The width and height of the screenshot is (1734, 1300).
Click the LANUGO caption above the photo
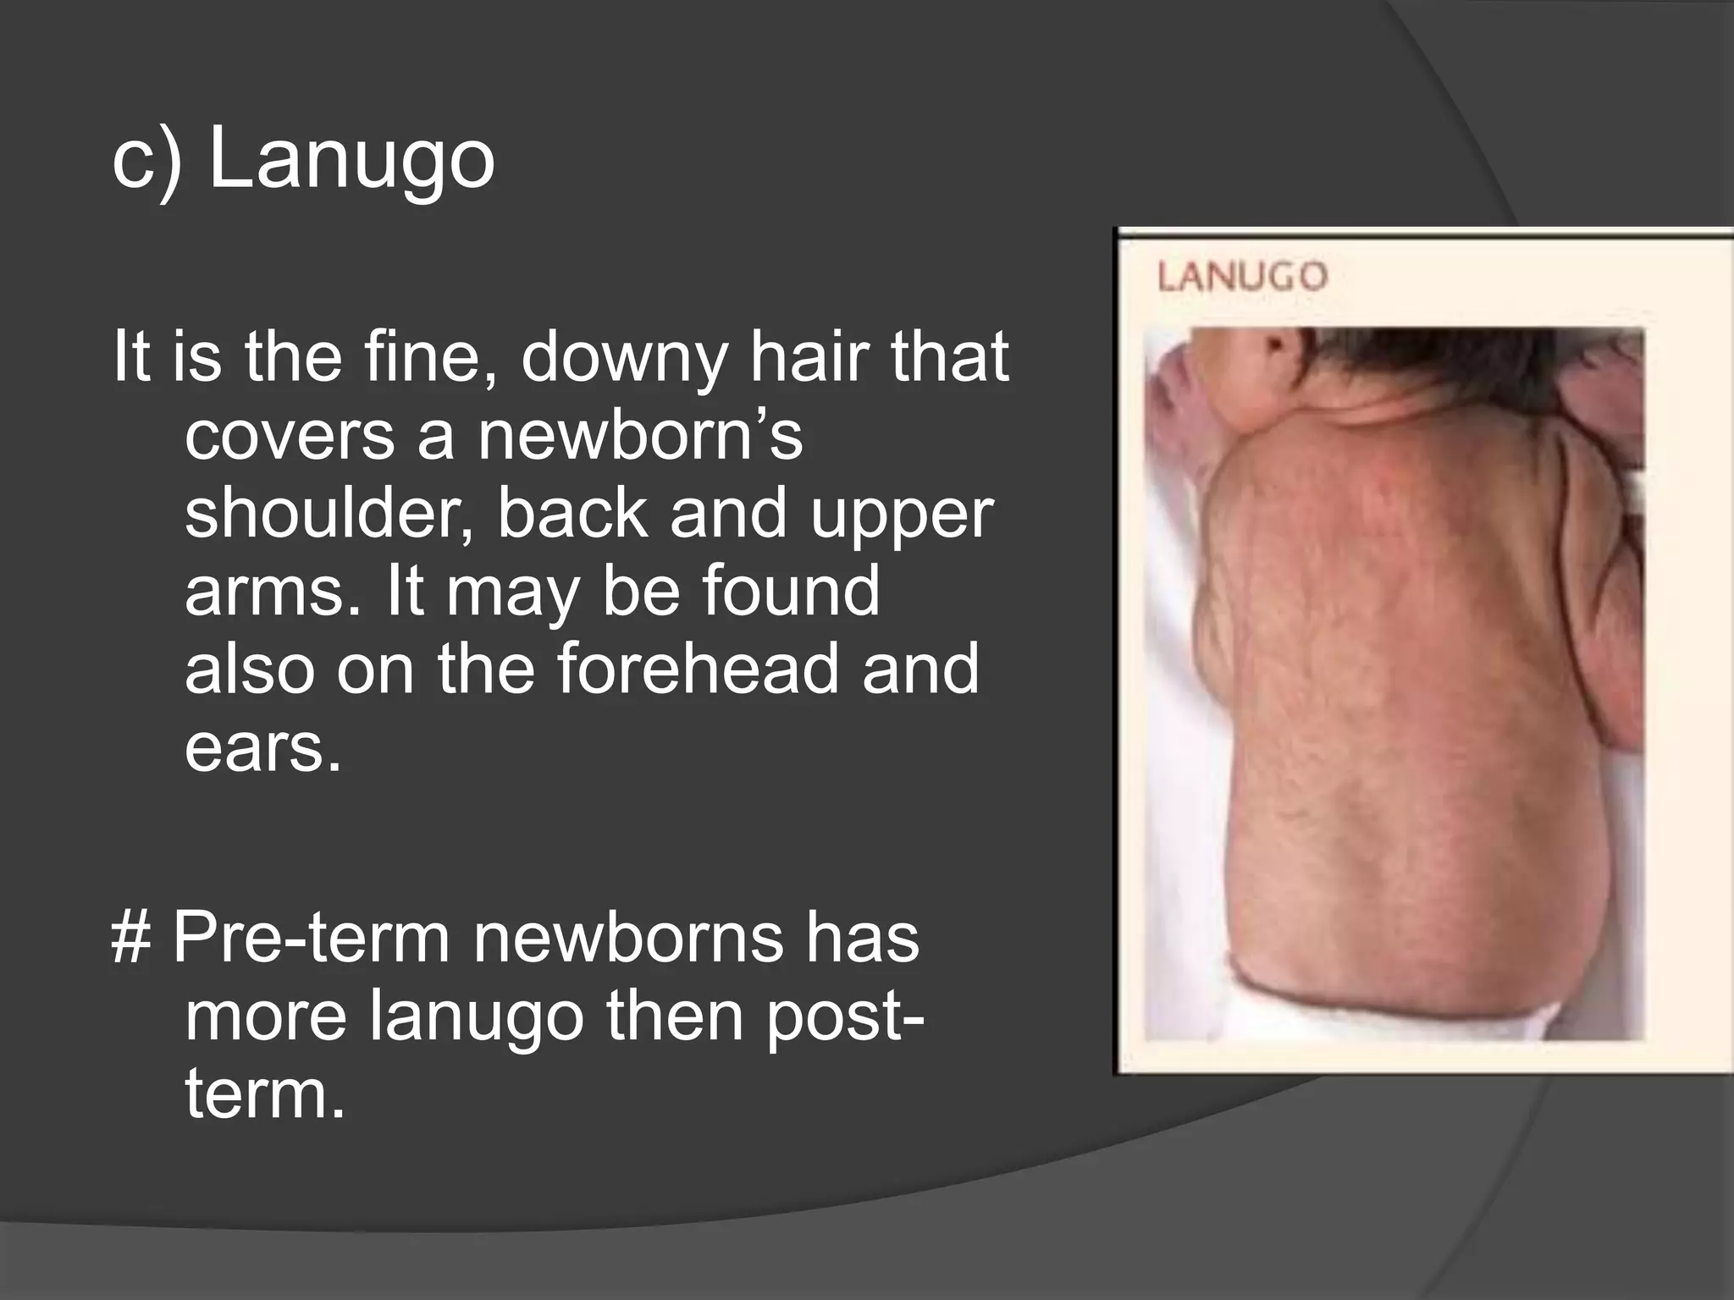(1242, 278)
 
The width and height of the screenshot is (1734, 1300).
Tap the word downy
(623, 357)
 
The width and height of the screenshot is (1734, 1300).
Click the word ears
(262, 747)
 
